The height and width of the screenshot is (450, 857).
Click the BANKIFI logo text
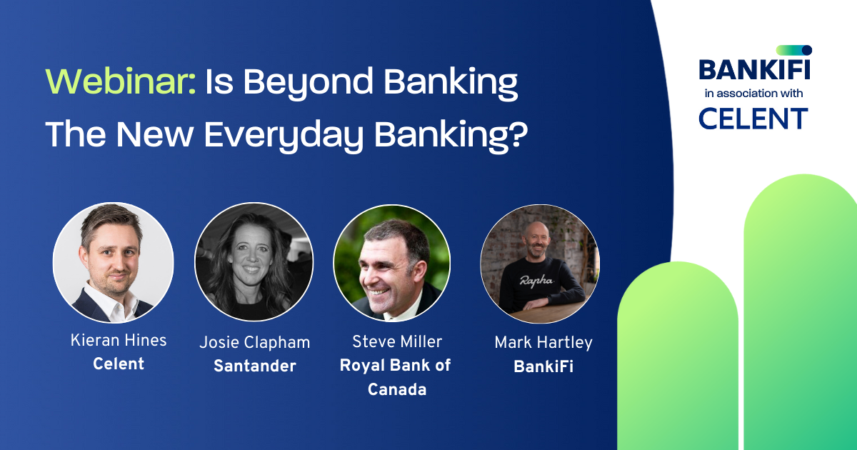tap(754, 70)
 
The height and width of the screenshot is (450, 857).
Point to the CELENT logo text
tap(753, 118)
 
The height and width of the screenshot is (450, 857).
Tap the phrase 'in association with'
tap(753, 94)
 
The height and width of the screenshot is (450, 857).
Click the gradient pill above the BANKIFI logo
tap(793, 50)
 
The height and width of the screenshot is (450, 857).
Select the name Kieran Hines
tap(119, 340)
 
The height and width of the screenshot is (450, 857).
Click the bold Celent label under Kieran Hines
tap(119, 364)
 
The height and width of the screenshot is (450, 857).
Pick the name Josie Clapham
tap(255, 343)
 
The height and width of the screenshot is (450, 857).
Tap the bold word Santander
tap(255, 366)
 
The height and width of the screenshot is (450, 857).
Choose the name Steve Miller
tap(397, 341)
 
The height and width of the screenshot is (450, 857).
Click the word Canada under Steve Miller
tap(397, 389)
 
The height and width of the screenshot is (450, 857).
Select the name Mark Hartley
tap(543, 343)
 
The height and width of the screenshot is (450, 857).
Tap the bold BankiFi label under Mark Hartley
tap(543, 366)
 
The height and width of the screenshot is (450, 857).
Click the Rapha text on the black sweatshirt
tap(538, 280)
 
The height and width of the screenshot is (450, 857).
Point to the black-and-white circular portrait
tap(254, 262)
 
